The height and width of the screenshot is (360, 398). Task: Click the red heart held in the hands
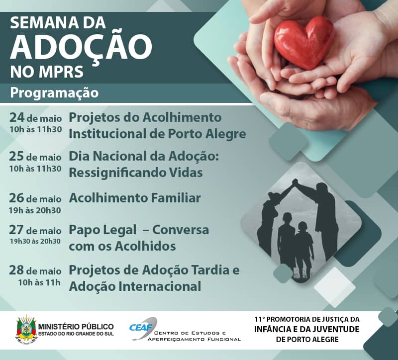[x=304, y=43]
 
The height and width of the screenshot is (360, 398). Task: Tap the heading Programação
[x=55, y=93]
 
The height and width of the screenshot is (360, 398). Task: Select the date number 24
[x=16, y=118]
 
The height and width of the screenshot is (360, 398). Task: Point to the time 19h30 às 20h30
[x=35, y=241]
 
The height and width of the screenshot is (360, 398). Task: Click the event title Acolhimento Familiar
[x=135, y=198]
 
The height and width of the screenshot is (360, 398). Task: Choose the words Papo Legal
[x=102, y=230]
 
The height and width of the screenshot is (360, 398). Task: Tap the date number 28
[x=16, y=270]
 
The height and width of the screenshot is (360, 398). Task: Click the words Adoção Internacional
[x=135, y=286]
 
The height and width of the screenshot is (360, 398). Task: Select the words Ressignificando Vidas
[x=136, y=173]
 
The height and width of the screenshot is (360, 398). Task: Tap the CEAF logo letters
[x=141, y=326]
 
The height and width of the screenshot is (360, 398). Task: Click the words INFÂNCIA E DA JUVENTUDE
[x=306, y=329]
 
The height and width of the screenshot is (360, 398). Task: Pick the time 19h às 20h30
[x=35, y=210]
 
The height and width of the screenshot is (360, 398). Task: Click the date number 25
[x=16, y=156]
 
